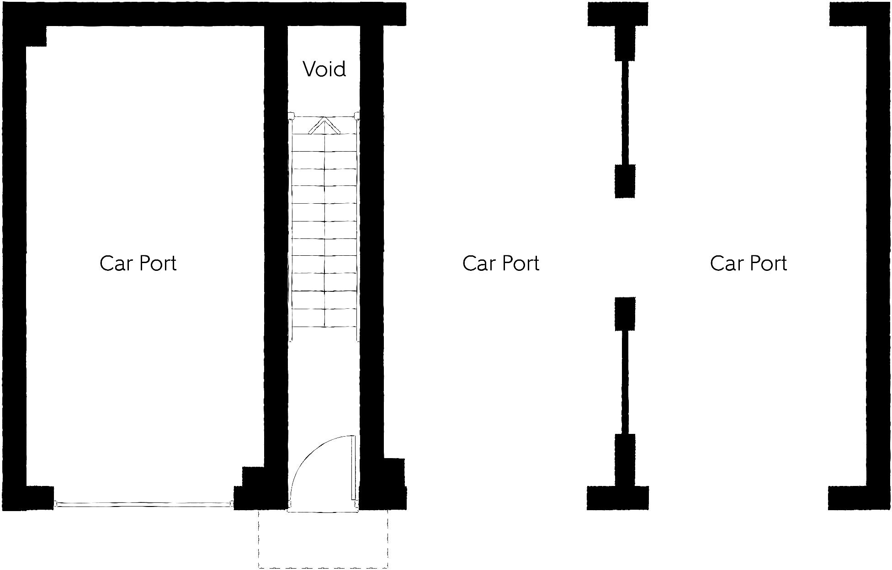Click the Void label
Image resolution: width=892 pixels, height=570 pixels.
point(324,69)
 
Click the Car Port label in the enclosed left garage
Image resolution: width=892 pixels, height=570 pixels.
point(138,264)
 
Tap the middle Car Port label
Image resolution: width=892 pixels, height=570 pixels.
point(501,264)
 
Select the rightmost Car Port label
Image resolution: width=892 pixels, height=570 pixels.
point(749,264)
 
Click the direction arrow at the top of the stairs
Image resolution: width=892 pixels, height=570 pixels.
point(324,125)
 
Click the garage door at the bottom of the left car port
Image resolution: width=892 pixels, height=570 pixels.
point(143,504)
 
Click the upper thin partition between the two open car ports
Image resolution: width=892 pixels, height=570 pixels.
point(625,112)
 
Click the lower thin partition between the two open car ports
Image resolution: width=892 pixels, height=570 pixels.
point(625,382)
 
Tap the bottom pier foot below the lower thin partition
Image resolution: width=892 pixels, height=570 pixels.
point(618,498)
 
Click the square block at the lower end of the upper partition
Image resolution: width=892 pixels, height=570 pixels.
point(625,181)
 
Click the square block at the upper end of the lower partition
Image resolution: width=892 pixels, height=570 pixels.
point(625,314)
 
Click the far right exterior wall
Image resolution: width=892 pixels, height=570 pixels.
point(878,256)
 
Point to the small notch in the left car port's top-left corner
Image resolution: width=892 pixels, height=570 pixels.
point(36,36)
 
